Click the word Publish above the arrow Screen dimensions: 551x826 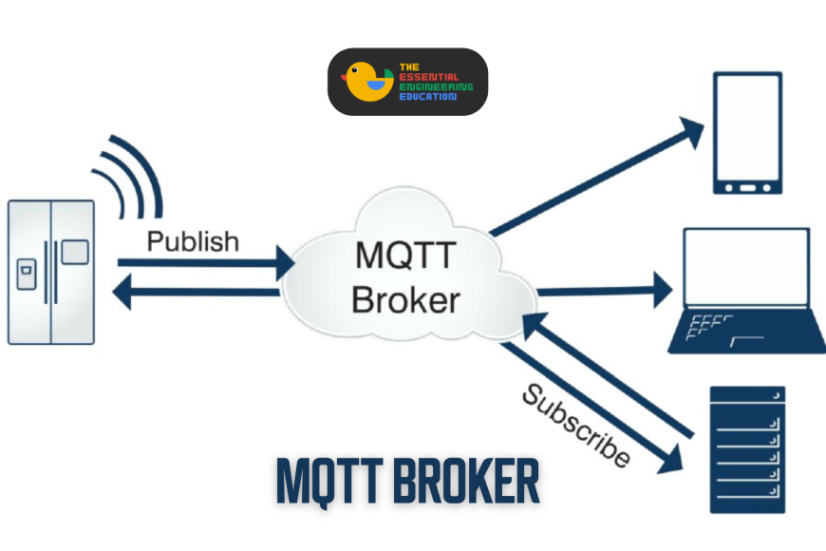point(193,241)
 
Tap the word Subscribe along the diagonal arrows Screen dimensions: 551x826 point(576,425)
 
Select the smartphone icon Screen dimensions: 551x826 point(749,134)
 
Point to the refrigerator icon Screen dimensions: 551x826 point(51,272)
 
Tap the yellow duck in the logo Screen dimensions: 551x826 point(366,82)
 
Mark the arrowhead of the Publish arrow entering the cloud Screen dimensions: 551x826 point(284,262)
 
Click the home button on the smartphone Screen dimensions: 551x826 point(749,187)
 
